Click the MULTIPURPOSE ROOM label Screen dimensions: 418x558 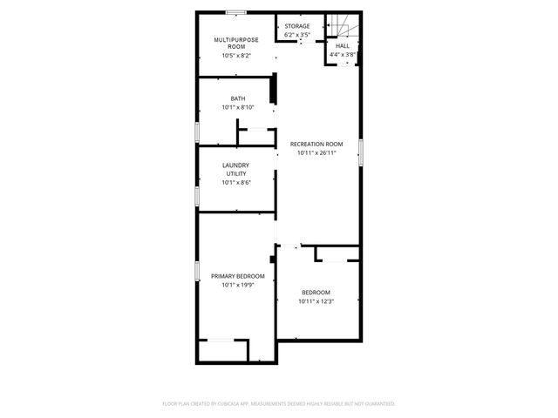pyautogui.click(x=235, y=43)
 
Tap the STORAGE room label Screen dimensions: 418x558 pyautogui.click(x=296, y=26)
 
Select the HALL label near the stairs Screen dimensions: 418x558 pyautogui.click(x=343, y=45)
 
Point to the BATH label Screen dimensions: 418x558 pyautogui.click(x=237, y=98)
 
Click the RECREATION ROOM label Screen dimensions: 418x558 pyautogui.click(x=316, y=144)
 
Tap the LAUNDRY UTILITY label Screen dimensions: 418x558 pyautogui.click(x=235, y=169)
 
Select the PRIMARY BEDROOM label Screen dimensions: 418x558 pyautogui.click(x=237, y=275)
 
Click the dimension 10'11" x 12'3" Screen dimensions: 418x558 pyautogui.click(x=316, y=301)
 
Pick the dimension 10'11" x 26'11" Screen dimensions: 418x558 pyautogui.click(x=316, y=153)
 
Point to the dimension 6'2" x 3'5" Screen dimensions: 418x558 pyautogui.click(x=296, y=36)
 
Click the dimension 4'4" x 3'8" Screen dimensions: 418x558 pyautogui.click(x=343, y=55)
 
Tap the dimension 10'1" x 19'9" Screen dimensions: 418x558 pyautogui.click(x=237, y=285)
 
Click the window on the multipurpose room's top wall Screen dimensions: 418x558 pyautogui.click(x=235, y=12)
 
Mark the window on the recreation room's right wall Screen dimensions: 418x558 pyautogui.click(x=361, y=151)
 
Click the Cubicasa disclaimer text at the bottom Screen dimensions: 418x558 pyautogui.click(x=279, y=403)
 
